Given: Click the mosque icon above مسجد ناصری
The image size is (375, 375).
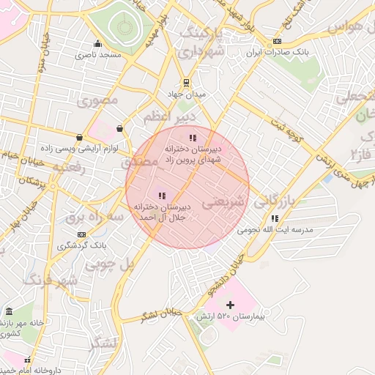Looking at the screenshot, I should point(97,44).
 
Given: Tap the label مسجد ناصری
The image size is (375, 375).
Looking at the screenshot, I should point(97,55).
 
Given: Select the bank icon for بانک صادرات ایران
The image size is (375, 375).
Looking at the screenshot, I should point(276,42).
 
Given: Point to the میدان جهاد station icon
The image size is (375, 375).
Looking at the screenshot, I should point(186,82).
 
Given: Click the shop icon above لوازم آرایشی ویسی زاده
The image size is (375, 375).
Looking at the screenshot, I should point(79,137).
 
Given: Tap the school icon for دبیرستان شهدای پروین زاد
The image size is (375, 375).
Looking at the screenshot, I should point(192,137).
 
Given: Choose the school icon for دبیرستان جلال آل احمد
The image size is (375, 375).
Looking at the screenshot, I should point(162,196).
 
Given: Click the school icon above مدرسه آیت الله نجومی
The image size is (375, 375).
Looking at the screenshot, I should point(274,218).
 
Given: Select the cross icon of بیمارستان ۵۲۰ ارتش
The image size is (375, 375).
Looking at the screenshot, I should point(230,304).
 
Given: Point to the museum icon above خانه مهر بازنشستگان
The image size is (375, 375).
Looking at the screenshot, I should point(9,312).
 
